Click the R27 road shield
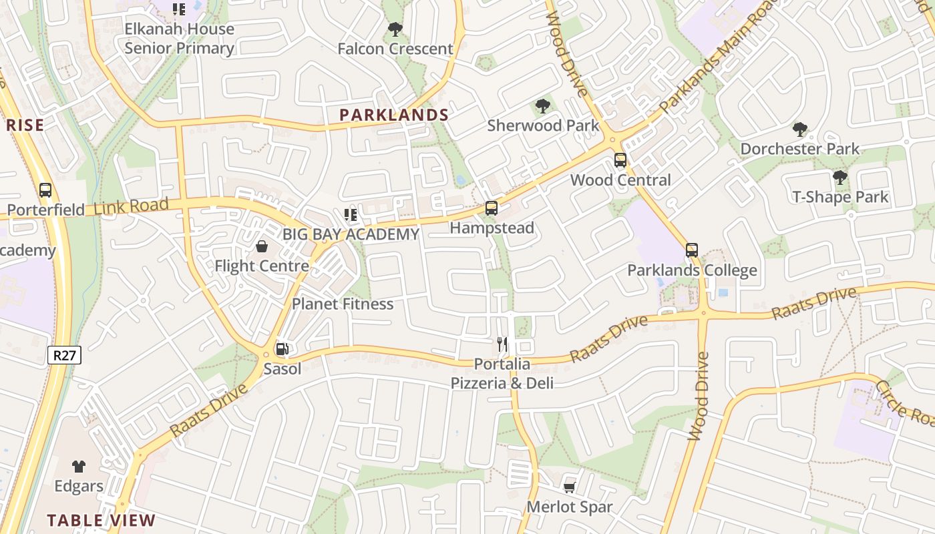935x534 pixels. tap(65, 355)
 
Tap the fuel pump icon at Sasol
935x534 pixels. tap(282, 348)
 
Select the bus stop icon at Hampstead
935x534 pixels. tap(492, 208)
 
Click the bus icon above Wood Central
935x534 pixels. tap(620, 160)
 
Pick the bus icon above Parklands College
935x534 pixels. tap(692, 251)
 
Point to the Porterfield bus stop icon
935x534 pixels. tap(45, 190)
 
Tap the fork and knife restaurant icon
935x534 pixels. tap(502, 344)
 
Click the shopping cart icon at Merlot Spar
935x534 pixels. tap(570, 488)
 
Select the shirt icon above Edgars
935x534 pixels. tap(79, 466)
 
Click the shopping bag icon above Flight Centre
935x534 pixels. tap(262, 247)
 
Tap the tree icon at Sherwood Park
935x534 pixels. tap(543, 106)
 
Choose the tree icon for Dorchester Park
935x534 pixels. tap(799, 129)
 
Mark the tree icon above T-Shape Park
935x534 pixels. tap(839, 178)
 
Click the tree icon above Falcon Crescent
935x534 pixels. tap(395, 29)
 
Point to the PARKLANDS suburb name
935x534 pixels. tap(394, 115)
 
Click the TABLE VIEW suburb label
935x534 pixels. tap(101, 521)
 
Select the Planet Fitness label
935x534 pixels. tap(343, 304)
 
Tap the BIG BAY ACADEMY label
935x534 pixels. tap(351, 234)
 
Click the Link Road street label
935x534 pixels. tap(131, 206)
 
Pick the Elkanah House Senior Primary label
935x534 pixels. tap(180, 39)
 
